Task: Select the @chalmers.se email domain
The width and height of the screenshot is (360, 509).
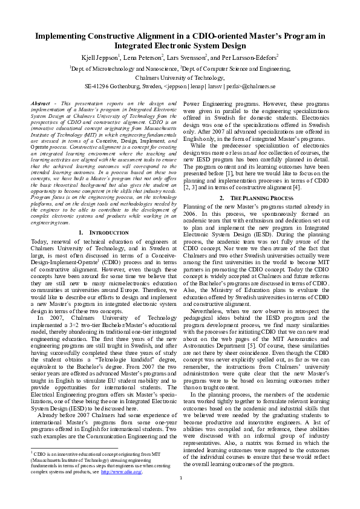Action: [x=260, y=86]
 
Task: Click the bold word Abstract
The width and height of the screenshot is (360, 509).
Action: [x=41, y=104]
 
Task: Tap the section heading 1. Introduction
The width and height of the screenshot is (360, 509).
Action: [x=103, y=232]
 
